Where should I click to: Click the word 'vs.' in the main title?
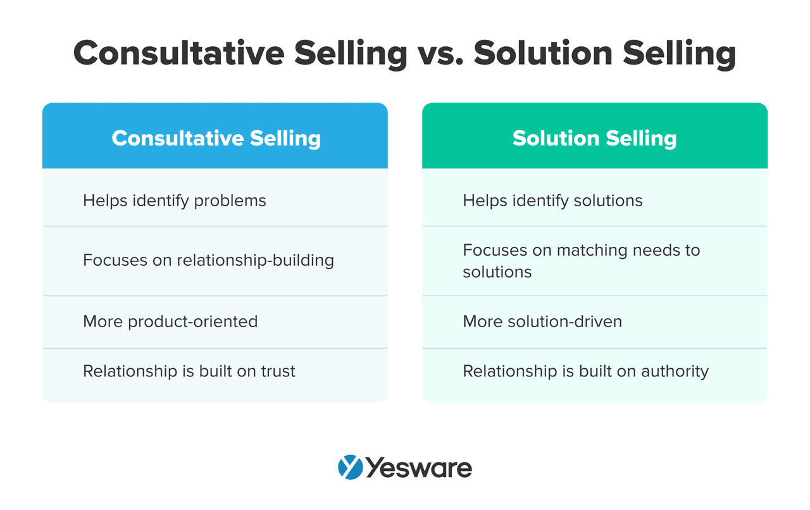point(439,53)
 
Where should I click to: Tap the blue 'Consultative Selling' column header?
point(216,138)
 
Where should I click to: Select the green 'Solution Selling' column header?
point(594,138)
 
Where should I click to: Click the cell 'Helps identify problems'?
point(175,201)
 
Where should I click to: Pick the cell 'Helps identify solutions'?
point(552,201)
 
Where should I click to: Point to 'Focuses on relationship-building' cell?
point(208,260)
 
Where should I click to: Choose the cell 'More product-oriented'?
point(170,321)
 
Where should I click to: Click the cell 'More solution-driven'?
point(542,321)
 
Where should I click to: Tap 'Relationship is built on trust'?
point(189,371)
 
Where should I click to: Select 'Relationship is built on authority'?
point(585,371)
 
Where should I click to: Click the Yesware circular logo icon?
point(350,468)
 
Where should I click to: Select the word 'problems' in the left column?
point(230,201)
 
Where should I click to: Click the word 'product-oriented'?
point(192,321)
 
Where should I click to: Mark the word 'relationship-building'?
point(255,260)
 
